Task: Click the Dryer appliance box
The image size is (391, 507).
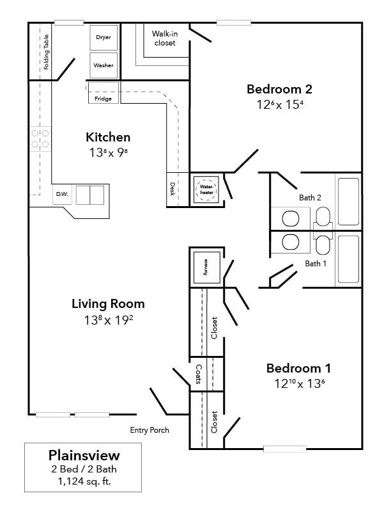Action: pyautogui.click(x=103, y=38)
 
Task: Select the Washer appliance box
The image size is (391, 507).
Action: pyautogui.click(x=103, y=65)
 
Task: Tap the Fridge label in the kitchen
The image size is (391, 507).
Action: pyautogui.click(x=103, y=99)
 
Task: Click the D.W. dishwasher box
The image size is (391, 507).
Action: pyautogui.click(x=62, y=194)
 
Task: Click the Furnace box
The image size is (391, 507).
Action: pyautogui.click(x=206, y=267)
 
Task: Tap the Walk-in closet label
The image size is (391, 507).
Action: pyautogui.click(x=164, y=38)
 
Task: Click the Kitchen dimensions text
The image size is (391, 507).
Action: pyautogui.click(x=108, y=153)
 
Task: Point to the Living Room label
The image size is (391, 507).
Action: pyautogui.click(x=108, y=303)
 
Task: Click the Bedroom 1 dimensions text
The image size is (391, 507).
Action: pyautogui.click(x=298, y=384)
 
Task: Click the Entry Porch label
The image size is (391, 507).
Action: pyautogui.click(x=149, y=430)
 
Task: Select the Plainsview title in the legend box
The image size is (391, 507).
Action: pyautogui.click(x=84, y=456)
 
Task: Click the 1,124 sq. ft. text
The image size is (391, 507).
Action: pyautogui.click(x=84, y=481)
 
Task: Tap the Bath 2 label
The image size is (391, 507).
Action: pyautogui.click(x=310, y=197)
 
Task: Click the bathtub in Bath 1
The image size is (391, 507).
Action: pyautogui.click(x=348, y=259)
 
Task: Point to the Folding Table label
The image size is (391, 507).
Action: pyautogui.click(x=46, y=56)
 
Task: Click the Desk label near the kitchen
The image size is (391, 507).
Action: pyautogui.click(x=172, y=189)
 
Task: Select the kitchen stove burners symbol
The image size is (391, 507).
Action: pyautogui.click(x=40, y=139)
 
